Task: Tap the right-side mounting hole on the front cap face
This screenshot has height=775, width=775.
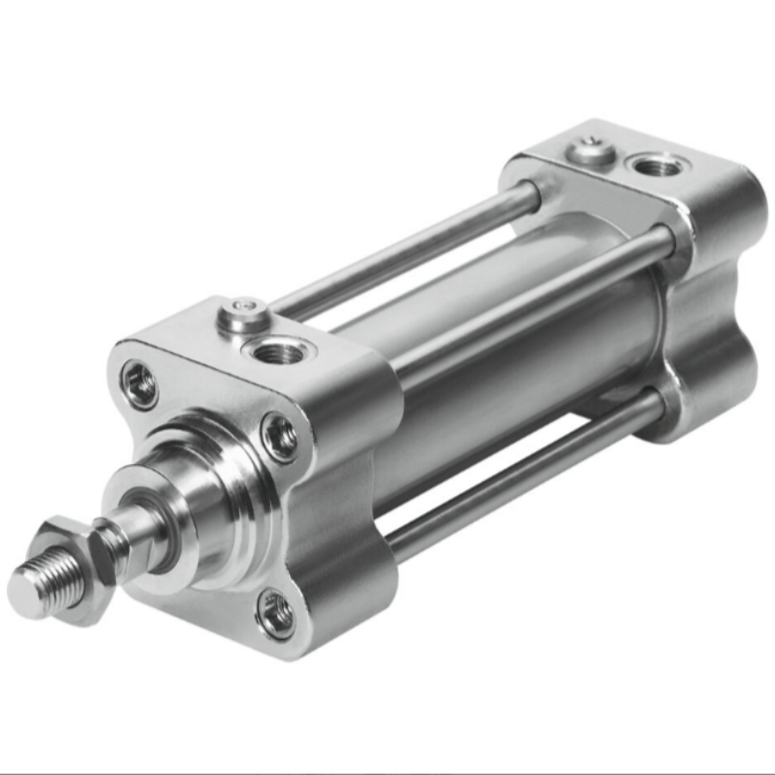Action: [282, 437]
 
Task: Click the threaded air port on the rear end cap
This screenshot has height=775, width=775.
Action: [659, 165]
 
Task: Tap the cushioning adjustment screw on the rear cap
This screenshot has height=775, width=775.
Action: [592, 150]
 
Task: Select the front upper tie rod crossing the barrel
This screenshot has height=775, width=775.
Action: [523, 300]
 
